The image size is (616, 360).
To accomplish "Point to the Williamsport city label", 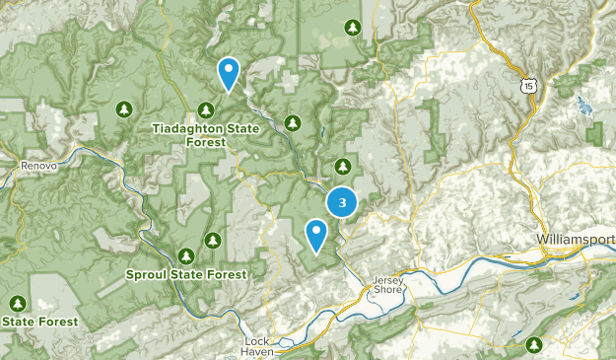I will click(x=577, y=240).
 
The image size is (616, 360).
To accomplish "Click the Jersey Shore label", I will click(x=388, y=285).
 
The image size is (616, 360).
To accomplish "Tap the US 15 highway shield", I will click(x=531, y=87).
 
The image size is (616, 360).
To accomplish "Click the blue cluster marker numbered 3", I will click(x=342, y=202).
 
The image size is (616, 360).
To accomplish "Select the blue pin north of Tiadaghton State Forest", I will click(x=229, y=73).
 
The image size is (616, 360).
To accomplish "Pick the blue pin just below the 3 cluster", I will click(x=316, y=235).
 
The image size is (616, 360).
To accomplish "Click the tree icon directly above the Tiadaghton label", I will click(x=207, y=109).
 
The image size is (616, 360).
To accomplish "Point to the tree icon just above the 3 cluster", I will click(x=343, y=166).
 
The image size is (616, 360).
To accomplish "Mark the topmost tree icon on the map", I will click(x=352, y=28).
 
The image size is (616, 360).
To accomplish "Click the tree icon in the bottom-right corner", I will click(x=535, y=344).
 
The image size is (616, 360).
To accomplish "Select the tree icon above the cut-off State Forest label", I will click(x=17, y=302).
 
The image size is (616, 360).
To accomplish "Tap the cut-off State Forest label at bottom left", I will click(x=30, y=321).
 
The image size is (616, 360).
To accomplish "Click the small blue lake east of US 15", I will click(x=582, y=103).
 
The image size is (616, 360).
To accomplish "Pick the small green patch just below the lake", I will click(x=593, y=132).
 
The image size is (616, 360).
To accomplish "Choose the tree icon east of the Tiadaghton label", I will click(x=292, y=122).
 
